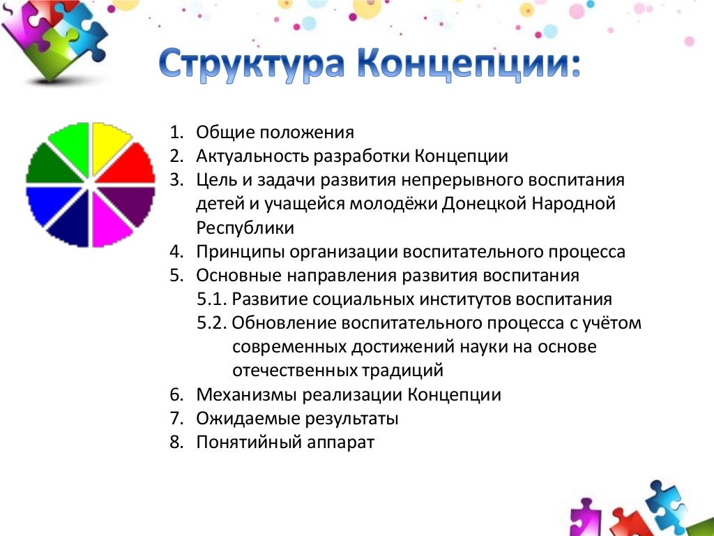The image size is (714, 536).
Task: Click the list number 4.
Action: [174, 252]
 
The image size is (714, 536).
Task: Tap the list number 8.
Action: [174, 442]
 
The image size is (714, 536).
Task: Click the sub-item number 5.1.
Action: [212, 299]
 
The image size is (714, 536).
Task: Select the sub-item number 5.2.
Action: [212, 323]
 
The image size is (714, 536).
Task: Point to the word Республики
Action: [245, 228]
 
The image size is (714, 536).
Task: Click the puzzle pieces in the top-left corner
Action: [52, 35]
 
